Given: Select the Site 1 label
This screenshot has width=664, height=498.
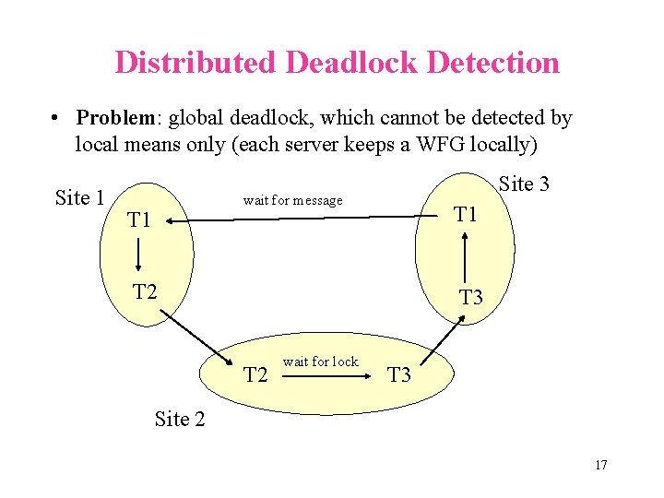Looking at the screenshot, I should click(x=79, y=197).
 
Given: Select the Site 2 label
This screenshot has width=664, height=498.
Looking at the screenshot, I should click(x=179, y=419).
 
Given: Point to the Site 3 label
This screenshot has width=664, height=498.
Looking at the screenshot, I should click(x=524, y=184).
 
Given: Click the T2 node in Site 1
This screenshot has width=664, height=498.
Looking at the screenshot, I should click(x=145, y=292).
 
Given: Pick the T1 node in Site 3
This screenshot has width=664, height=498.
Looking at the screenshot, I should click(x=466, y=214).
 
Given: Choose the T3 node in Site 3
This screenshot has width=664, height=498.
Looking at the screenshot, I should click(x=471, y=297).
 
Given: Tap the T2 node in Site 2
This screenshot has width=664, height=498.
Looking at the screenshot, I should click(x=255, y=374).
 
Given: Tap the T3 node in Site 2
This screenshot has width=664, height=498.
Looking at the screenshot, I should click(x=399, y=374).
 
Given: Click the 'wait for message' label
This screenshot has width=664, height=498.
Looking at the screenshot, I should click(x=292, y=200).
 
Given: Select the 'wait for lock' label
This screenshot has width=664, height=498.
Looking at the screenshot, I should click(x=320, y=362).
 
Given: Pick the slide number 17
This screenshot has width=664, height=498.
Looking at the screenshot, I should click(x=600, y=465).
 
